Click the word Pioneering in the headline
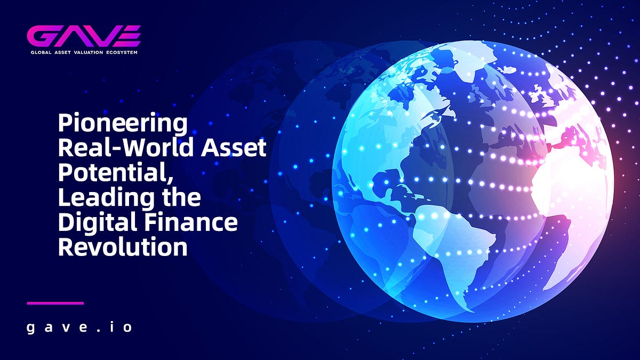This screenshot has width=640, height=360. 123,124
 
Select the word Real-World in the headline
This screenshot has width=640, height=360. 121,148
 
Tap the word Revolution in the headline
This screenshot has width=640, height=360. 123,247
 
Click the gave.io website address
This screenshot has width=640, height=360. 79,326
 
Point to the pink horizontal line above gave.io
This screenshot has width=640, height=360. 55,303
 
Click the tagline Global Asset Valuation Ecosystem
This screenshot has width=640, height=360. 84,52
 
